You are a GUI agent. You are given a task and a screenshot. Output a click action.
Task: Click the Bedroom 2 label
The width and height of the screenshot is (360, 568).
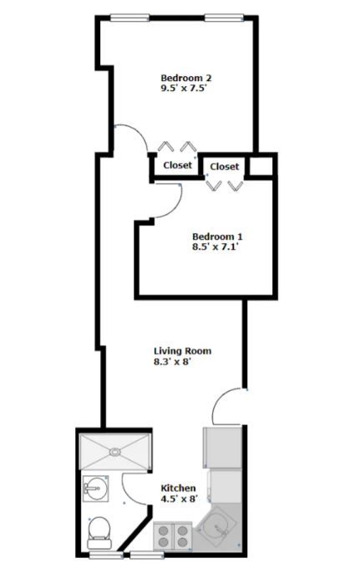click(185, 78)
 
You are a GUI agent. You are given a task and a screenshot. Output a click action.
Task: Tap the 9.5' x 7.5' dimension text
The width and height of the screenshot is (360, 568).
click(184, 88)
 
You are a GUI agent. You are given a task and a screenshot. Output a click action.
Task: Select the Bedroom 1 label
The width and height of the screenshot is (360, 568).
click(217, 236)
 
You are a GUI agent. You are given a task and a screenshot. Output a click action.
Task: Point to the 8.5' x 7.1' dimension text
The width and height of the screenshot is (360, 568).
click(216, 246)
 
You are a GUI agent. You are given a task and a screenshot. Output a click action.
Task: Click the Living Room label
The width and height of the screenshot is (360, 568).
click(183, 351)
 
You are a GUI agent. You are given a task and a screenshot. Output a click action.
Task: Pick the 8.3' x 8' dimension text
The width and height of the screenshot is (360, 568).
click(172, 361)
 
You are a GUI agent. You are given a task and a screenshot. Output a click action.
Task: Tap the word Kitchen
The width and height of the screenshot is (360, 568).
click(178, 488)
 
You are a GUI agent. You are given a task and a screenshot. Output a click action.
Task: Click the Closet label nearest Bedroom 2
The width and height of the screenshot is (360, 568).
click(177, 165)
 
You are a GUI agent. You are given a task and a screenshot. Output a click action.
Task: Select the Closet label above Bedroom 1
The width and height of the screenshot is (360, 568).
click(225, 166)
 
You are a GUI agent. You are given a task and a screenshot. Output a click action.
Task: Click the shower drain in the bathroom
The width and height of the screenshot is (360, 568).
click(114, 452)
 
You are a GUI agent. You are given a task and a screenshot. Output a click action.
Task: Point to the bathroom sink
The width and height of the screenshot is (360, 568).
click(95, 489)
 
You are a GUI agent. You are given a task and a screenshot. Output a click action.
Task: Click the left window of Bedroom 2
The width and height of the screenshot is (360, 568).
click(129, 18)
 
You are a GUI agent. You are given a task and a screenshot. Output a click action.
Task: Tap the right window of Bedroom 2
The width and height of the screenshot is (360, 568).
click(224, 18)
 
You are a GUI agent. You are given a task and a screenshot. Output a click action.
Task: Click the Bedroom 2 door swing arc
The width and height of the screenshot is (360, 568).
click(139, 133)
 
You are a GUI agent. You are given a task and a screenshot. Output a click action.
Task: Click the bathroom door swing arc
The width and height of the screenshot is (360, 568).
click(128, 495)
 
